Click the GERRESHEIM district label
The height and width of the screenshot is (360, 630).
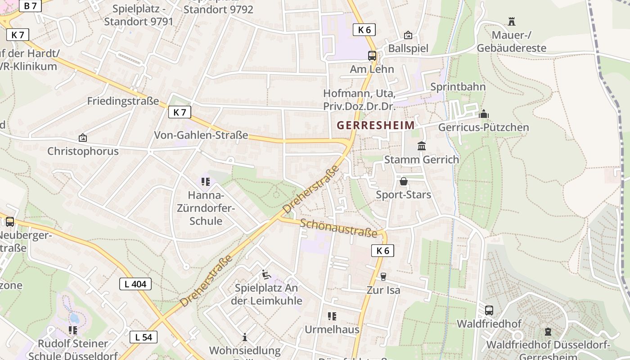[x=376, y=125]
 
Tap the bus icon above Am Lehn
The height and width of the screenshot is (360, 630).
[x=372, y=56]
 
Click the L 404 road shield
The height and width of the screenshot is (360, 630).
[x=135, y=284]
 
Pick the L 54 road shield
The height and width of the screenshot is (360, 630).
[x=144, y=337]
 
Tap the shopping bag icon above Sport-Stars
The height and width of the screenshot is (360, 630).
[x=404, y=181]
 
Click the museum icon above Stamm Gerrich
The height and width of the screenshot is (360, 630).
[x=422, y=146]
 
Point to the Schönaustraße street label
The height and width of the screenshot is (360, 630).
[x=338, y=228]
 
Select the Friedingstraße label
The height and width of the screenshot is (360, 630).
[x=123, y=100]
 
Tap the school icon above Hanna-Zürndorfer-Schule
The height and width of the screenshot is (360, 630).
[x=206, y=182]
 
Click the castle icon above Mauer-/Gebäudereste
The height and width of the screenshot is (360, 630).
[x=511, y=21]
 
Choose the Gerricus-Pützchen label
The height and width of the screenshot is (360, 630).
[x=483, y=127]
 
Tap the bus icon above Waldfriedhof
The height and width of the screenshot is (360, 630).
[x=489, y=310]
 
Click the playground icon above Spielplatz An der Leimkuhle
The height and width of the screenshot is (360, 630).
[x=266, y=274]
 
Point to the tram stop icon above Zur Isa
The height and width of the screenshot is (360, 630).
[x=383, y=276]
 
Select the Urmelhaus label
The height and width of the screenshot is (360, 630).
[x=332, y=329]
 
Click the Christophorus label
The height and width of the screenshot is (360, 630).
[x=83, y=151]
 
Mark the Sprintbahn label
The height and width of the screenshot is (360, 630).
[x=458, y=86]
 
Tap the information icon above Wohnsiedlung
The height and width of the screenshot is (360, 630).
[x=244, y=337]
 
